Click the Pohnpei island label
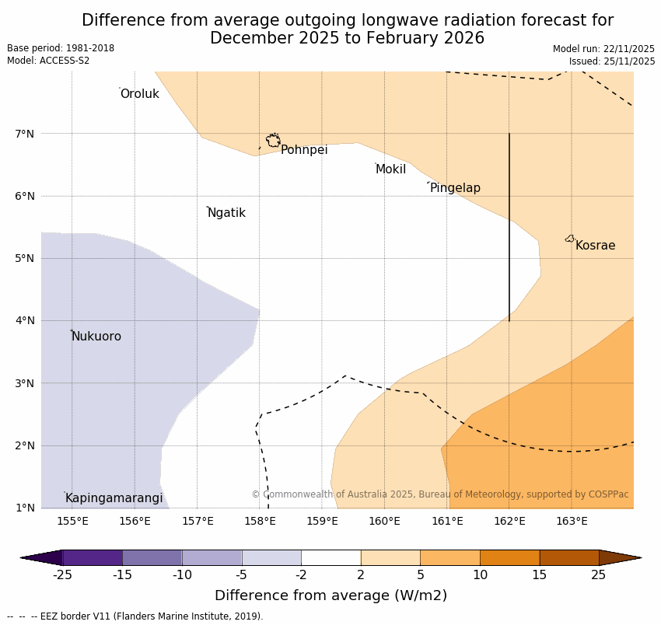click(304, 150)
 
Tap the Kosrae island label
click(595, 246)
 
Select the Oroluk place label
click(139, 94)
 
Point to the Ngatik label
click(226, 213)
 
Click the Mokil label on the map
click(390, 169)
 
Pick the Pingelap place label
click(455, 188)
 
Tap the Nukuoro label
click(96, 337)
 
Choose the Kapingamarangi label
click(114, 498)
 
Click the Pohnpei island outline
click(273, 141)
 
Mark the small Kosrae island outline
click(570, 239)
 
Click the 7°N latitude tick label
click(25, 134)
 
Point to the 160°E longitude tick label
click(384, 521)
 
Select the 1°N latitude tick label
click(25, 508)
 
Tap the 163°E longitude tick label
click(572, 521)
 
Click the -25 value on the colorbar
click(63, 575)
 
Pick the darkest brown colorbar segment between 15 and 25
click(569, 557)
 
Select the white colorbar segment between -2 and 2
click(330, 557)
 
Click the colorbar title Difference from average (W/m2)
click(330, 596)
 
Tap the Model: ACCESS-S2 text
click(48, 61)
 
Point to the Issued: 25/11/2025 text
click(611, 61)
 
